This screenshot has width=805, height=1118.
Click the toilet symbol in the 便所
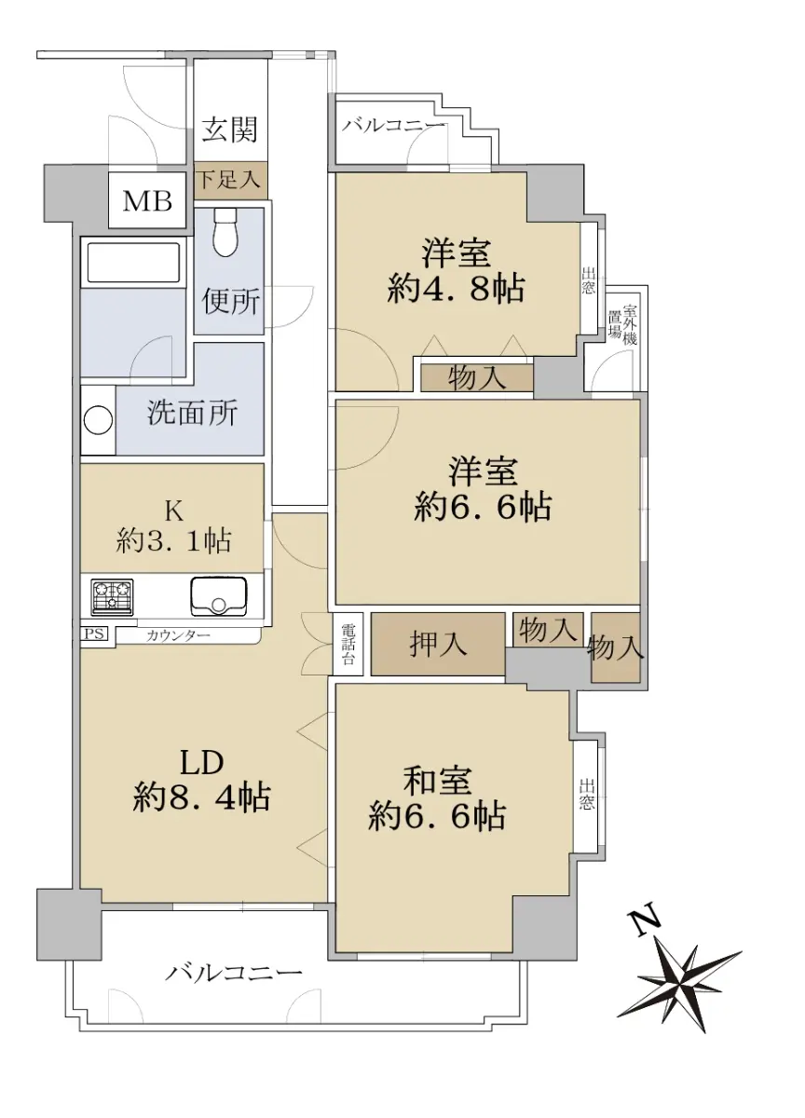click(225, 232)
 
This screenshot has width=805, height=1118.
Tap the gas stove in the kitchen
click(112, 597)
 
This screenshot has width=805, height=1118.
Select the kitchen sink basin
click(218, 596)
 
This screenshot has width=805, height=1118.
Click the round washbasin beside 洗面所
click(97, 420)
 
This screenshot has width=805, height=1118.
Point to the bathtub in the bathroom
click(133, 263)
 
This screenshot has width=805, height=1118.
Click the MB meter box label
click(147, 201)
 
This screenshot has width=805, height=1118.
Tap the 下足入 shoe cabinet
click(230, 179)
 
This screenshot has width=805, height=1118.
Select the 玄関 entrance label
click(230, 130)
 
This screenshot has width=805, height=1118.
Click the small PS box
click(94, 634)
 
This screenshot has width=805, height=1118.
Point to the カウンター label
click(178, 635)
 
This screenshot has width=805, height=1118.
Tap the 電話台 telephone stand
click(348, 644)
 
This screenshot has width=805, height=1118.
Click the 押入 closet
click(438, 644)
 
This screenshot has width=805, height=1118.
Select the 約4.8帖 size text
click(456, 289)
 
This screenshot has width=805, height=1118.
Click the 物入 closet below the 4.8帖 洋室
click(477, 378)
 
